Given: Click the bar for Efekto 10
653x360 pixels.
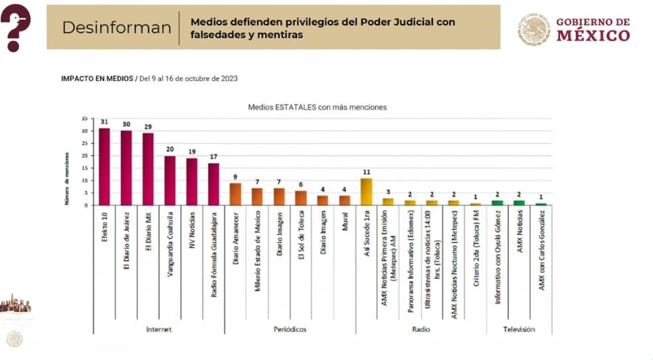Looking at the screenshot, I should click(104, 166).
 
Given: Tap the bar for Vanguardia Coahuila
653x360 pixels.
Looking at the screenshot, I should click(170, 180).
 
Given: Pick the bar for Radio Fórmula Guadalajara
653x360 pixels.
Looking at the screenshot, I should click(213, 184).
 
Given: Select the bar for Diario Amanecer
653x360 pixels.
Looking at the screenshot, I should click(235, 194).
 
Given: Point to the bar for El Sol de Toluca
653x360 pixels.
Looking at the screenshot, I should click(301, 198).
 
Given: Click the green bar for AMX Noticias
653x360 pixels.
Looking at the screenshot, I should click(519, 203).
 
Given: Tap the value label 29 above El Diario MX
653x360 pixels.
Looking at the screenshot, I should click(147, 126).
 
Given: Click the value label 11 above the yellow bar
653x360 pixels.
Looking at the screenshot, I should click(366, 172).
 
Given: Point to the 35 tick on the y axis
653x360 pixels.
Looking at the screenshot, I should click(84, 118).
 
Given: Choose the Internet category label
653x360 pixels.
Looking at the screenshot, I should click(159, 329).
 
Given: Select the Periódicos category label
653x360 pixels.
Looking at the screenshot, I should click(290, 329).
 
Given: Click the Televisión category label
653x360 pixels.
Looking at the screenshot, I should click(518, 329).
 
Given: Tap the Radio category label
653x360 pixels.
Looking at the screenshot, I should click(420, 329).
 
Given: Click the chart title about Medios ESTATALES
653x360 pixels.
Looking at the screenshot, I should click(317, 106).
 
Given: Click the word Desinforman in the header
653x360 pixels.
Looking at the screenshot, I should click(116, 27).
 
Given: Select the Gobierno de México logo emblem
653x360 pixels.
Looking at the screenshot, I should click(534, 30).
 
